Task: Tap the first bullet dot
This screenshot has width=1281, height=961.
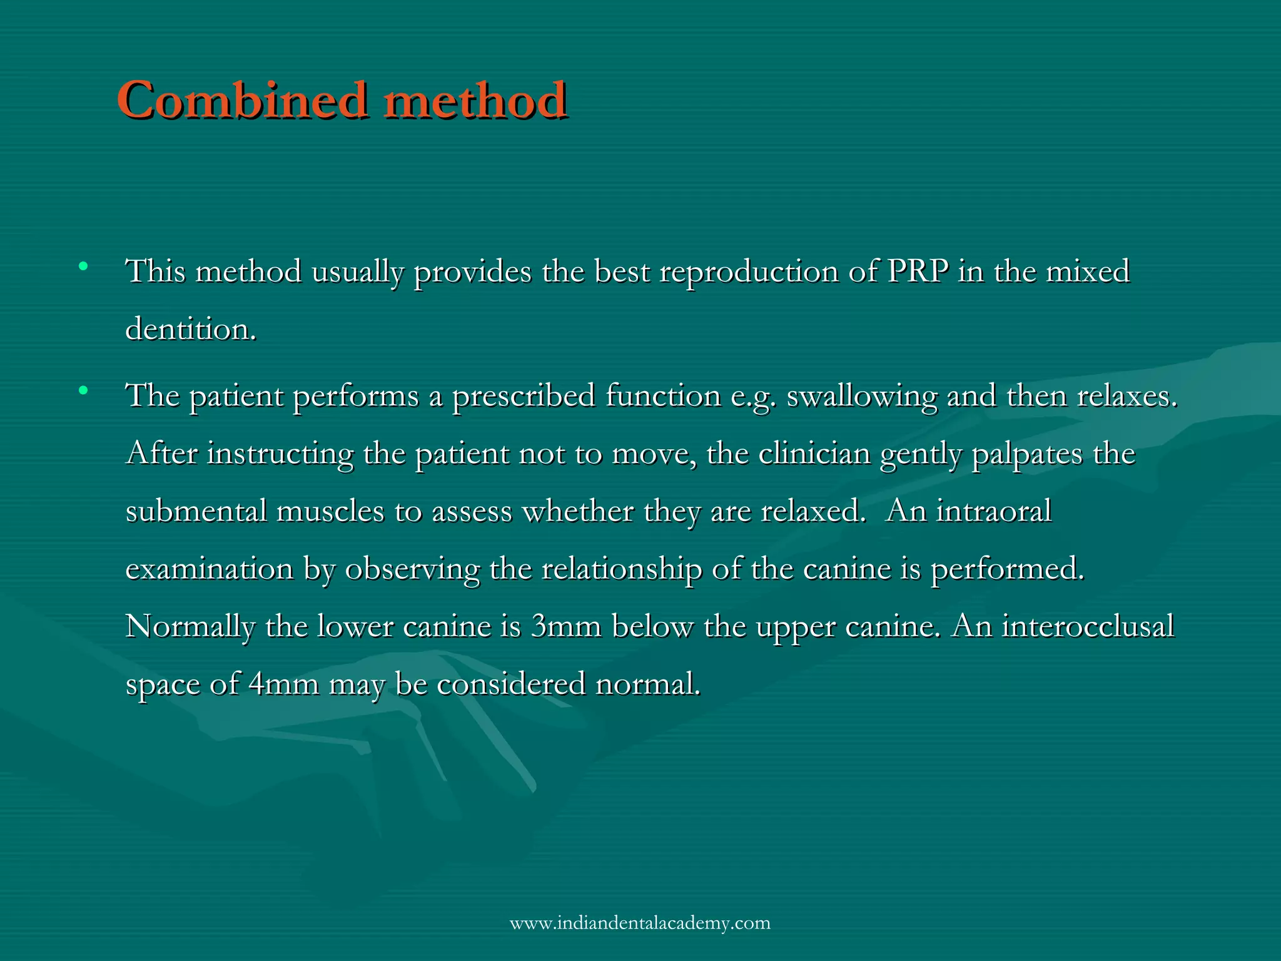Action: pos(83,268)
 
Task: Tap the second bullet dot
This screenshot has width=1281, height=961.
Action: pos(83,392)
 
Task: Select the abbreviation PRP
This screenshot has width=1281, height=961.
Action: pos(918,272)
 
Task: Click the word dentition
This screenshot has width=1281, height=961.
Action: pos(191,329)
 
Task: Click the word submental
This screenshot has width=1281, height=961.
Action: pos(196,511)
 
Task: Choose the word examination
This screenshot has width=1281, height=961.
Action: pos(210,569)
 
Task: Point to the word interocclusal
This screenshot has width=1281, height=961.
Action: pos(1088,626)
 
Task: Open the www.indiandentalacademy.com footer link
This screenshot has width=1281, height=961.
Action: pos(640,923)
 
